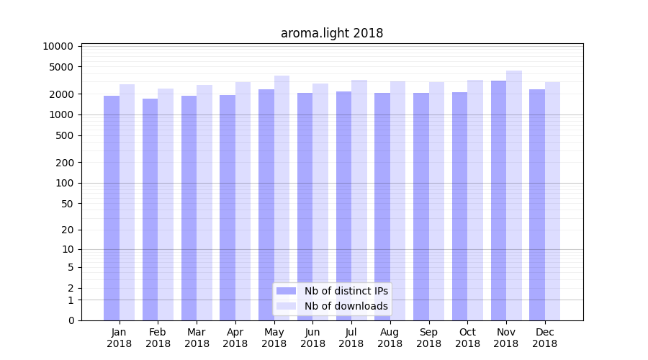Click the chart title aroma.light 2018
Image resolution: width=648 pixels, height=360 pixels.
pyautogui.click(x=332, y=33)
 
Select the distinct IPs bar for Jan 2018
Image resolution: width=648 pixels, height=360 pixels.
pyautogui.click(x=112, y=208)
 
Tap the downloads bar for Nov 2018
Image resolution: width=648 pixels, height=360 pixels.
pyautogui.click(x=514, y=195)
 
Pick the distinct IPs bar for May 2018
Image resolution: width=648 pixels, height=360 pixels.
pyautogui.click(x=266, y=204)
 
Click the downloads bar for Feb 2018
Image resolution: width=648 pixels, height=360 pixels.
pyautogui.click(x=166, y=204)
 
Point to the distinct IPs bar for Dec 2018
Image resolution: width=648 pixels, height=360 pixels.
pyautogui.click(x=537, y=204)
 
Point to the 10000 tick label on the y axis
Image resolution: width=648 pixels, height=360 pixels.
pyautogui.click(x=58, y=46)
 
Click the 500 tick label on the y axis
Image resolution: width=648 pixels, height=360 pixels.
pyautogui.click(x=64, y=135)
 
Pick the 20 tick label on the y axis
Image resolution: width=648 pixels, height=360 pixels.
pyautogui.click(x=67, y=230)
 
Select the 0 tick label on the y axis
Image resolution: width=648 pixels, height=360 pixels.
pyautogui.click(x=71, y=320)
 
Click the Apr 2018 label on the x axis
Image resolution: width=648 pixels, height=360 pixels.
pyautogui.click(x=235, y=338)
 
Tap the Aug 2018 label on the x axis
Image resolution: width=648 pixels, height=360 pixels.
pyautogui.click(x=390, y=338)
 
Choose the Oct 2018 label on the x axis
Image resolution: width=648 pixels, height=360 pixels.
pyautogui.click(x=467, y=338)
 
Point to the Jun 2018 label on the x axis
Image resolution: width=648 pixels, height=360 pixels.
pyautogui.click(x=312, y=338)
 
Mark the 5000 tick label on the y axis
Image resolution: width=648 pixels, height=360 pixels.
pyautogui.click(x=61, y=67)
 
